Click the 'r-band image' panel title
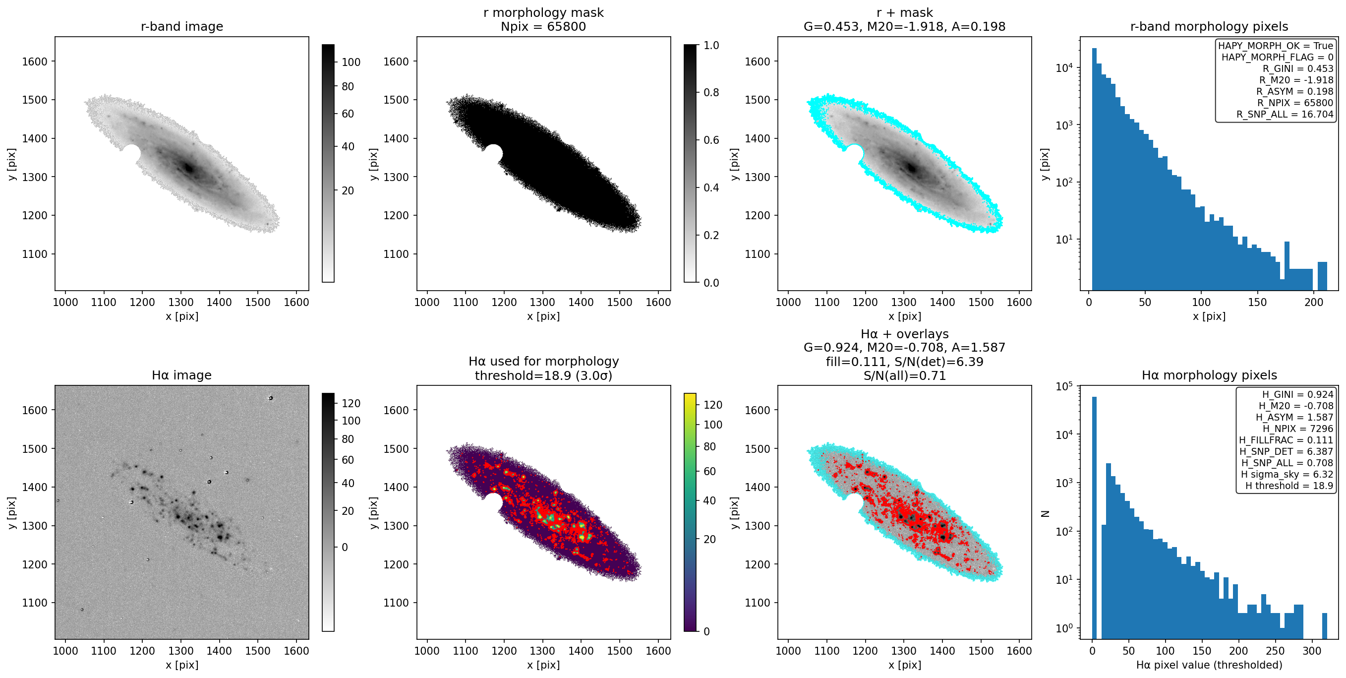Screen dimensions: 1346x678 tap(182, 26)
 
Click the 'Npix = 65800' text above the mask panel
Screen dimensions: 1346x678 tap(543, 26)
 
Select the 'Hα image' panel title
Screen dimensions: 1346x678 tap(182, 375)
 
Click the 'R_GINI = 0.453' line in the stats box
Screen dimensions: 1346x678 tap(1298, 68)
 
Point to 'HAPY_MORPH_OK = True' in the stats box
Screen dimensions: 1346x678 tap(1276, 46)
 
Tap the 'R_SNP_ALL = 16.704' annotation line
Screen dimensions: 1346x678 tap(1285, 114)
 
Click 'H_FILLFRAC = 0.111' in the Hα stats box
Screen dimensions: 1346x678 tap(1286, 440)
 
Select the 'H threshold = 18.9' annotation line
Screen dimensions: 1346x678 tap(1289, 486)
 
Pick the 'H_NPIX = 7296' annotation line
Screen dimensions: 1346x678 tap(1298, 429)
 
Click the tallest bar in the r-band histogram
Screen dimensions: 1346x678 tap(1094, 169)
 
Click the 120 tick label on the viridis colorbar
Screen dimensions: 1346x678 tap(713, 405)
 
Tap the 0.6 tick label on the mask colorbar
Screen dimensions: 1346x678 tap(711, 140)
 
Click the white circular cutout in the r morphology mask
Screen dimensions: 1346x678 tap(493, 154)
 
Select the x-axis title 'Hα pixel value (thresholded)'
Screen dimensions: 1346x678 tap(1209, 665)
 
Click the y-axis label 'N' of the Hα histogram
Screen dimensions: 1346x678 tap(1045, 513)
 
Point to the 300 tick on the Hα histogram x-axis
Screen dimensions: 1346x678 tap(1311, 651)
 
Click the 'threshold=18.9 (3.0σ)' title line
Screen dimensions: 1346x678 tap(543, 375)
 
